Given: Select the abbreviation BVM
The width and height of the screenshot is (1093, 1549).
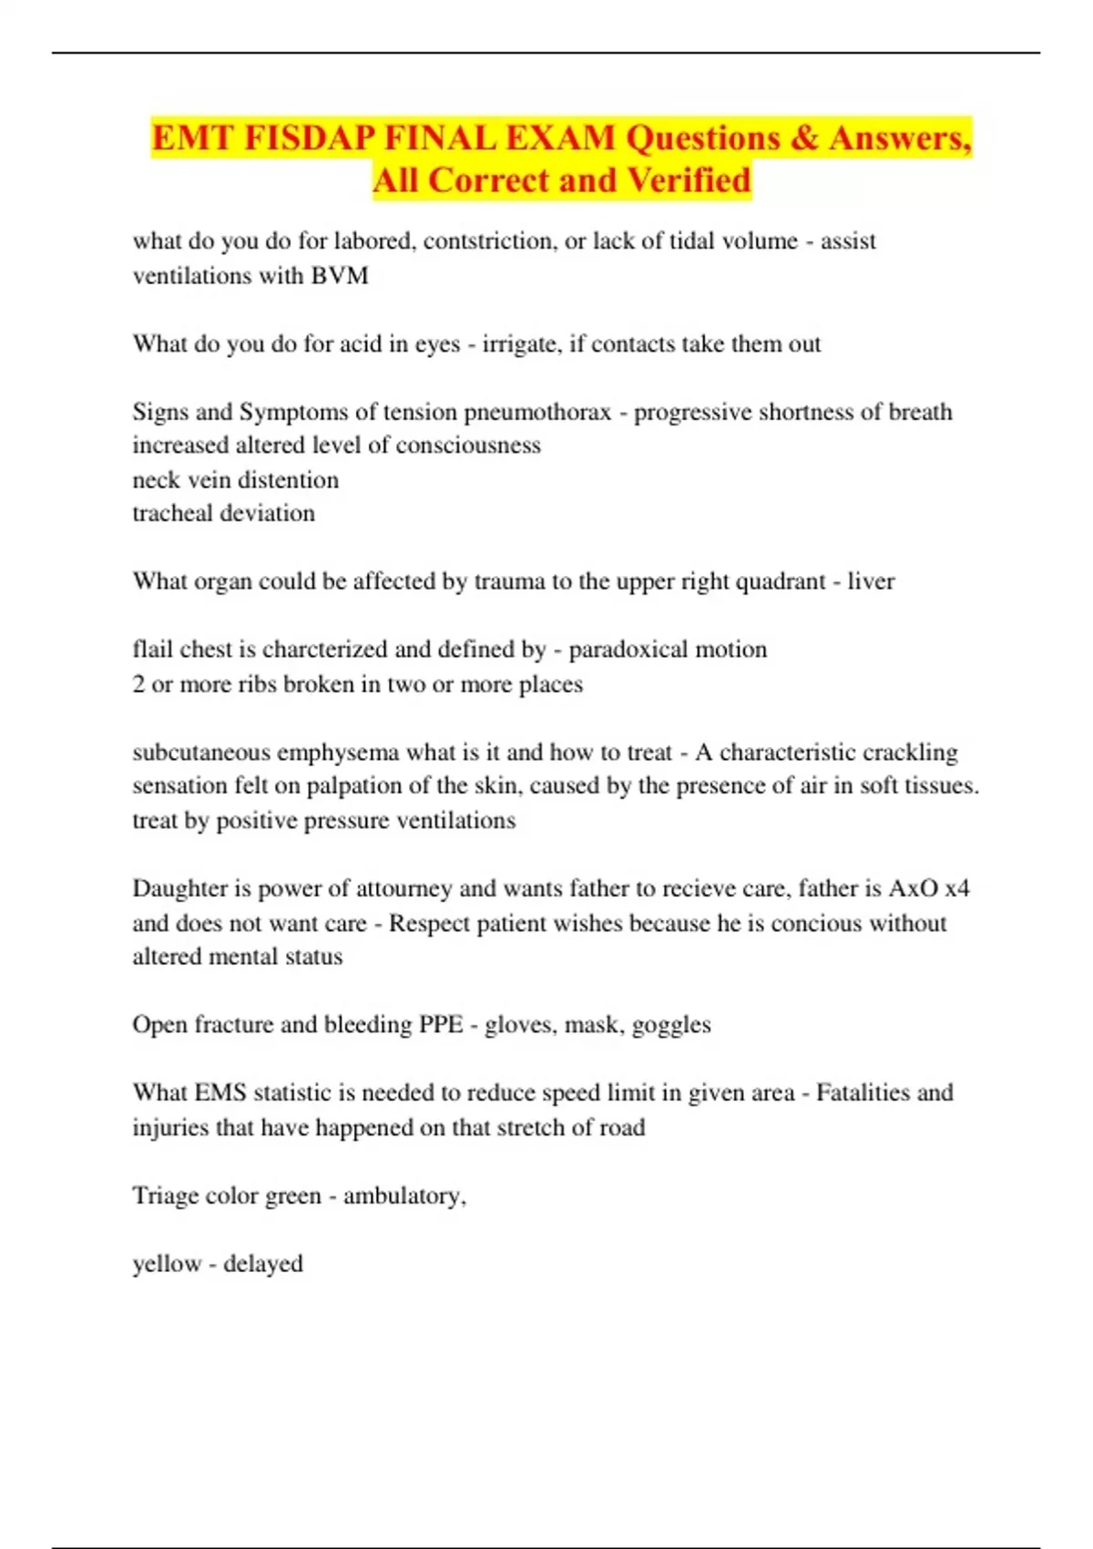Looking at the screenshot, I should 340,275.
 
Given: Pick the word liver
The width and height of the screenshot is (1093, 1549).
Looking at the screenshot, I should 871,581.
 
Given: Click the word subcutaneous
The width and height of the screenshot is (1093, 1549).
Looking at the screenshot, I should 200,753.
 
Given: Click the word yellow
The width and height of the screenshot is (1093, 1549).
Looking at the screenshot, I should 167,1265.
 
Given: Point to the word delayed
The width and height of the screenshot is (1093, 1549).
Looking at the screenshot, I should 263,1265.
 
